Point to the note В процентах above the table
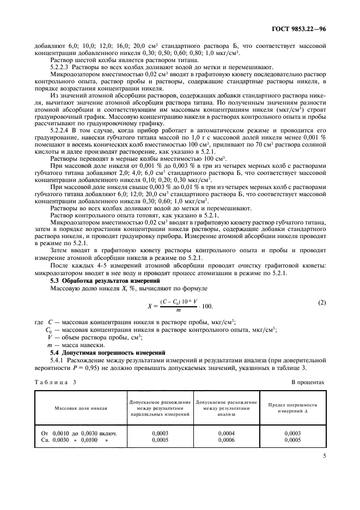(308, 382)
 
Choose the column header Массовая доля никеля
(81, 408)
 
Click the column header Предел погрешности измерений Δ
(292, 408)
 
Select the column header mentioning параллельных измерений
(159, 408)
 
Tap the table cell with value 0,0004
(226, 433)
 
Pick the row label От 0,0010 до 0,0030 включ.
(80, 433)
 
